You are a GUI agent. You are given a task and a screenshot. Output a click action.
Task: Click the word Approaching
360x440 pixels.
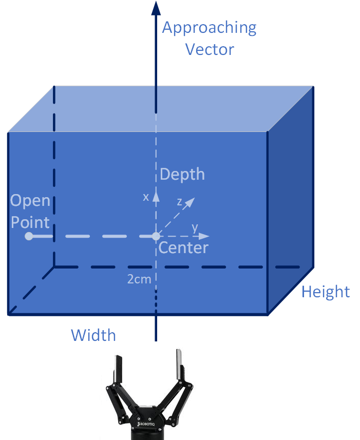[x=209, y=28]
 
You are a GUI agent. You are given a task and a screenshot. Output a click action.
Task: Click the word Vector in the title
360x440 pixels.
[x=209, y=50]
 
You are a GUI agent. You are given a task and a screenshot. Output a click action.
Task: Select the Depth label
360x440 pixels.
[x=182, y=175]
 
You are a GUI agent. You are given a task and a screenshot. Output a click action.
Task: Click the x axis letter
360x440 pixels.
[x=146, y=197]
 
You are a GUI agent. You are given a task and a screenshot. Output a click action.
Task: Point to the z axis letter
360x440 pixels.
[x=179, y=202]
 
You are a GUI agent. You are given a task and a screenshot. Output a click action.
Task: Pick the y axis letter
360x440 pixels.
[x=195, y=227]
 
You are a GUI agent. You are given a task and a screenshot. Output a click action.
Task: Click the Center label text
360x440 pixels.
[x=183, y=248]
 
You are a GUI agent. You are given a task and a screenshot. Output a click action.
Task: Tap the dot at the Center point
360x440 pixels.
[x=156, y=236]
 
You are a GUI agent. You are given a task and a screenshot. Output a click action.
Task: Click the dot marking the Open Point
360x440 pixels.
[x=29, y=236]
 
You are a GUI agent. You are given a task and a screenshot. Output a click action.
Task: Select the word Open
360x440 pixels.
[x=31, y=201]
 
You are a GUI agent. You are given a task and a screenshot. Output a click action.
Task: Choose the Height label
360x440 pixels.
[x=326, y=292]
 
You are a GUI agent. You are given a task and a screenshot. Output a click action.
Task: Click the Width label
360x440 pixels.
[x=93, y=336]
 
